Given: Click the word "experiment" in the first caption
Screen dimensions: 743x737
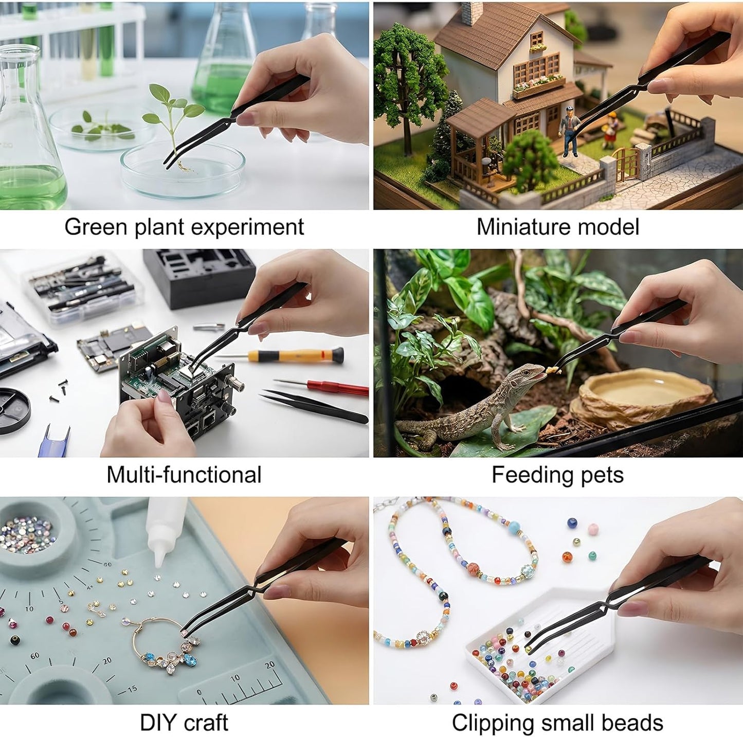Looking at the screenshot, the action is pos(247,227).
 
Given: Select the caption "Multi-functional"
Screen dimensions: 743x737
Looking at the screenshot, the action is pos(184,474).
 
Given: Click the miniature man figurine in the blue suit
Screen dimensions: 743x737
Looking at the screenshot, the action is pos(569,131).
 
